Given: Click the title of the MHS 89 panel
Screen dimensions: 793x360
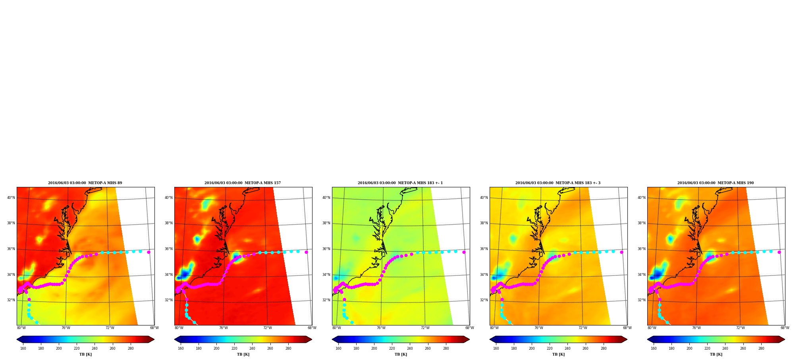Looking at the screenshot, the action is tap(85, 183).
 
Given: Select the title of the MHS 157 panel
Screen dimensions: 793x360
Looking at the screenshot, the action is tap(243, 183).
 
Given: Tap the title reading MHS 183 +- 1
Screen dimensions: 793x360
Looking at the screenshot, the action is tap(400, 183).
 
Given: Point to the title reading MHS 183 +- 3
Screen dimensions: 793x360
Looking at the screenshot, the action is tap(558, 183).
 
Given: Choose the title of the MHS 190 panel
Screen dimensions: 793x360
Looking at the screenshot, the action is tap(716, 183).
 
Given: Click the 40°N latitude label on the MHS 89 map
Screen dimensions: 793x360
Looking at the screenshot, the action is tap(11, 198).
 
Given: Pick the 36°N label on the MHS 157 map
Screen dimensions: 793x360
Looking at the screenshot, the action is tap(169, 249).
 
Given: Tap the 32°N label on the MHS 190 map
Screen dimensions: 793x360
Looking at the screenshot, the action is tap(642, 300).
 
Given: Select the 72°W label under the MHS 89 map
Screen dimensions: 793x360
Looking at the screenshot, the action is tap(110, 328).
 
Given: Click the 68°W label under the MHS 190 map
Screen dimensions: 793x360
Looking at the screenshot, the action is tap(785, 328).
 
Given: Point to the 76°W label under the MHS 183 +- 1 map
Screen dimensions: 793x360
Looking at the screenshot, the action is tap(381, 328).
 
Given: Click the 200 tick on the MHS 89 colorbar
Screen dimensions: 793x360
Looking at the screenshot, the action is tap(59, 348).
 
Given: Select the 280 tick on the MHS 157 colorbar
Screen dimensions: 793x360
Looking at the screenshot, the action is tap(288, 348).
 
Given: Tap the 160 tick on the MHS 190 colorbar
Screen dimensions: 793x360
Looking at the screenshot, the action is tap(654, 348).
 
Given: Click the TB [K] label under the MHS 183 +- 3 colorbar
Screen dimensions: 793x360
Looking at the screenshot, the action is tap(558, 354).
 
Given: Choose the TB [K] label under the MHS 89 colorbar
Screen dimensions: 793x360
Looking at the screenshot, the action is tap(85, 354).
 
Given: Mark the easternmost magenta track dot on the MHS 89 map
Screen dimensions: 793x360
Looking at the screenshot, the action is tap(149, 252).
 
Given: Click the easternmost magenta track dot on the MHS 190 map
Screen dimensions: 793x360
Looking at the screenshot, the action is tap(779, 252).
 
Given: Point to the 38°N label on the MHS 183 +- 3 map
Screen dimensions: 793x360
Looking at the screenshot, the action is tap(484, 223).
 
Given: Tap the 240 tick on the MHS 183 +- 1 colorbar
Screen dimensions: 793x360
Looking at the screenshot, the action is tap(410, 348).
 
